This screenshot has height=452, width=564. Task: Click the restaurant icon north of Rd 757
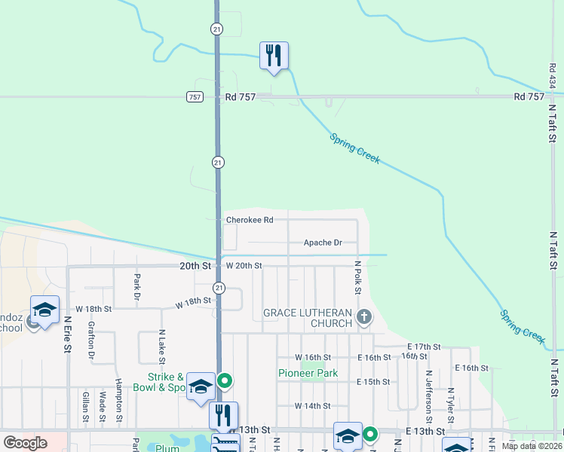(x=274, y=56)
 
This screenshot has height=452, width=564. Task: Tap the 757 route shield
(x=195, y=97)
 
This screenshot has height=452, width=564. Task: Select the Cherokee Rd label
(x=249, y=220)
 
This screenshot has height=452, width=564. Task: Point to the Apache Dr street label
(x=323, y=243)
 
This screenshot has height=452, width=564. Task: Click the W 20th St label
(x=244, y=266)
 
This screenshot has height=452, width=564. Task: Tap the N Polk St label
(x=358, y=278)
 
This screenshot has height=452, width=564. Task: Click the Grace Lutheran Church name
(x=307, y=318)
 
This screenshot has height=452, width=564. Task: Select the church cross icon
(x=364, y=316)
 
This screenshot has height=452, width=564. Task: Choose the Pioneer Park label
(x=308, y=373)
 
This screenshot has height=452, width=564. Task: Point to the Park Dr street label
(x=136, y=286)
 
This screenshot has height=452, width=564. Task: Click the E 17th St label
(x=421, y=347)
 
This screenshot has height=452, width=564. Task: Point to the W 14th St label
(x=312, y=405)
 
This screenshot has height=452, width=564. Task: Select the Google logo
(x=25, y=443)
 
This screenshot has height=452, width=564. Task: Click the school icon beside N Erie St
(x=44, y=310)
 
